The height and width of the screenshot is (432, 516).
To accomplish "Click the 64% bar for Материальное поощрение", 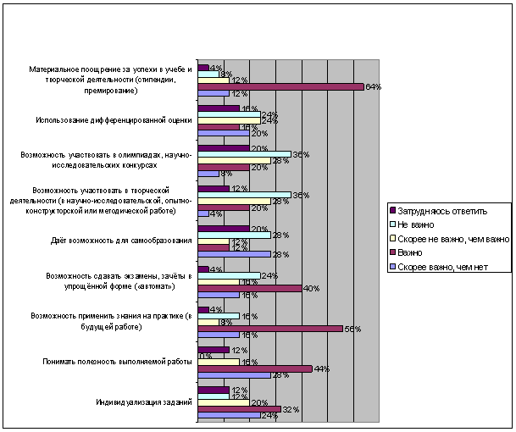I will (x=280, y=86).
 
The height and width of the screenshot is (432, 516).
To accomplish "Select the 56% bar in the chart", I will (x=269, y=328).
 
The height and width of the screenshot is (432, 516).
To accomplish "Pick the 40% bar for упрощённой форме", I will (x=249, y=288).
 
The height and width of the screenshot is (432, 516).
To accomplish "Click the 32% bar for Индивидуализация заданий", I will (x=238, y=408).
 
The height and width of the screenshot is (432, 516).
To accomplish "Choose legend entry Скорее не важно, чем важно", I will (x=447, y=238).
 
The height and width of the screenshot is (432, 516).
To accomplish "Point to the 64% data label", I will (x=371, y=87).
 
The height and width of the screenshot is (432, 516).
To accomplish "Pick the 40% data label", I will (x=310, y=289).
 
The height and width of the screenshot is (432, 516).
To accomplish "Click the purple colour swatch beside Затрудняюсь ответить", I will (x=392, y=209).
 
